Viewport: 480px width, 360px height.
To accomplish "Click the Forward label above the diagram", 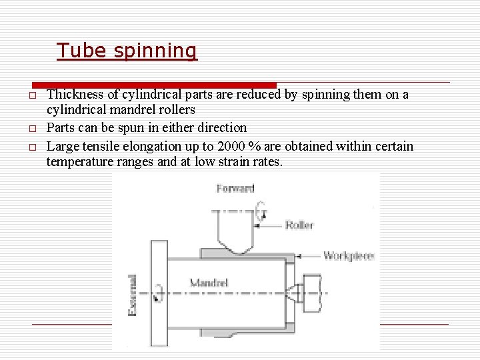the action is [235, 189].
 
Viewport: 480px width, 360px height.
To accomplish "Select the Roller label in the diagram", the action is [299, 225].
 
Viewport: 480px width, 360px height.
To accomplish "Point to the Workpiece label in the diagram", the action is [347, 255].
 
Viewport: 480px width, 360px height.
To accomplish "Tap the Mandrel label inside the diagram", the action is [209, 283].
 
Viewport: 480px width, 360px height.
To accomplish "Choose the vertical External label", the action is [132, 295].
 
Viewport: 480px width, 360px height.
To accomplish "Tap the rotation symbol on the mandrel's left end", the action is [158, 293].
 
